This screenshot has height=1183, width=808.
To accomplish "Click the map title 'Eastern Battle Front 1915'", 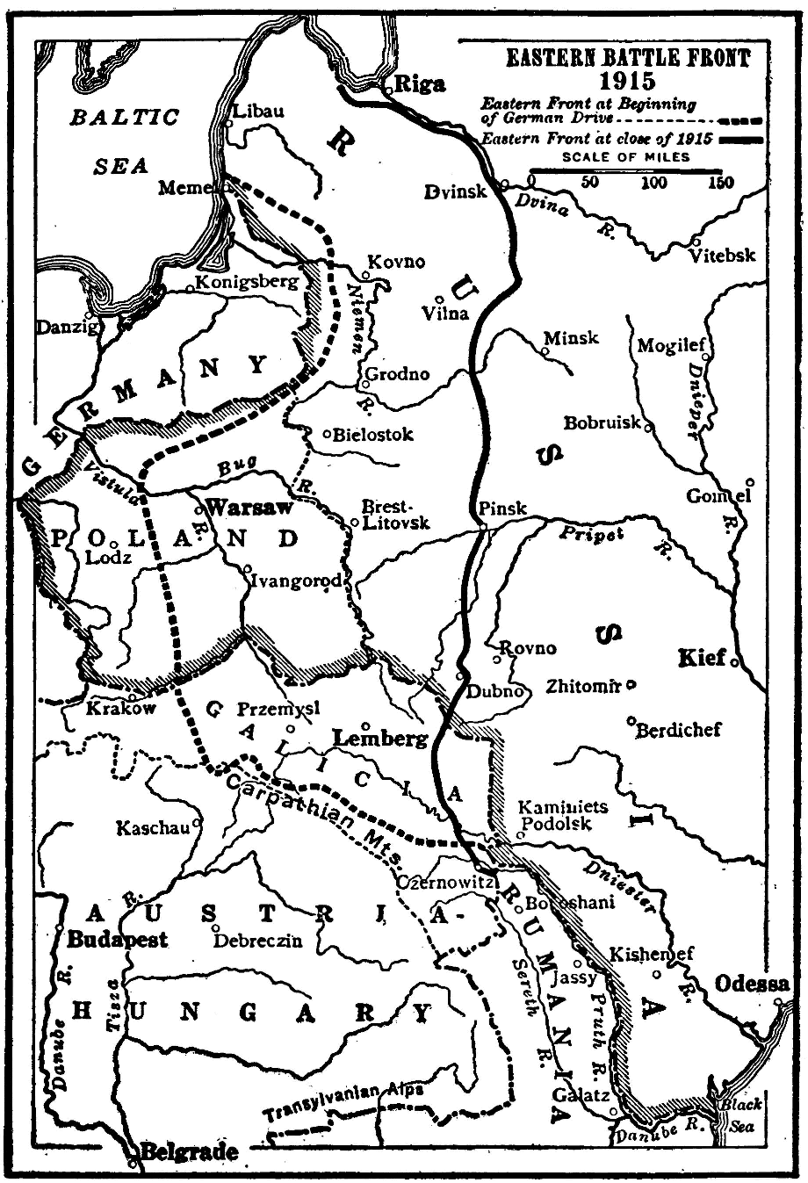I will click(628, 69).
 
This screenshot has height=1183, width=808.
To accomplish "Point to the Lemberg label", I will click(381, 739).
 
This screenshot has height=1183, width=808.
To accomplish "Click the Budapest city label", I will click(118, 939).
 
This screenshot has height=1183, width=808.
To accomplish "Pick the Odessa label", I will click(752, 984).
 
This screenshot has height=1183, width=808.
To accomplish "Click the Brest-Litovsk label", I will click(396, 515).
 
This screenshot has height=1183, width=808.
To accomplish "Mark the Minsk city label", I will click(571, 338).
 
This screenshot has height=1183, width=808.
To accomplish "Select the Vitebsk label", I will click(722, 256).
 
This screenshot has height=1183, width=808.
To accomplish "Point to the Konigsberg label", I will click(247, 282).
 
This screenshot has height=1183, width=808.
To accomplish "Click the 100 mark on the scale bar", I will click(653, 183).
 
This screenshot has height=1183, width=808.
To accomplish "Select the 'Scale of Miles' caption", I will click(625, 157).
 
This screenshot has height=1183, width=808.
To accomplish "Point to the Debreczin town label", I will click(260, 941).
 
